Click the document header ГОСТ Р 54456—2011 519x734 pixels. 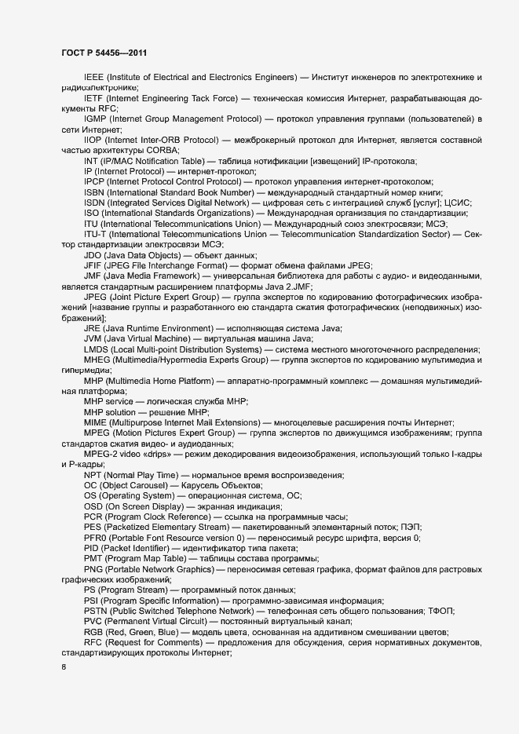tap(104, 53)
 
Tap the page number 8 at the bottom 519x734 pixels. tap(64, 667)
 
